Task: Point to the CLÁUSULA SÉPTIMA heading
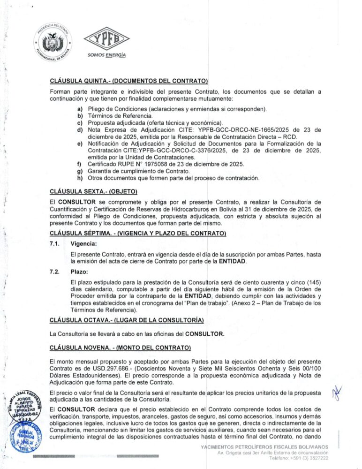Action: (x=138, y=233)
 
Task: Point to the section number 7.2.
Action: (x=56, y=272)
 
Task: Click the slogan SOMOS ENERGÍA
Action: (x=106, y=55)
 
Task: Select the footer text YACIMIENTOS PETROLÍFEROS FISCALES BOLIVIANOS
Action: (x=264, y=447)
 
